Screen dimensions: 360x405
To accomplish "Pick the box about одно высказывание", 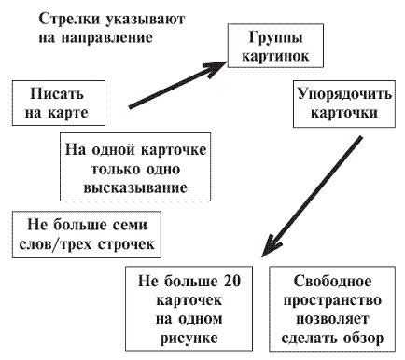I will (x=136, y=169).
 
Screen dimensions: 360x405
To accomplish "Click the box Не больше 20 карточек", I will (x=189, y=307).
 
